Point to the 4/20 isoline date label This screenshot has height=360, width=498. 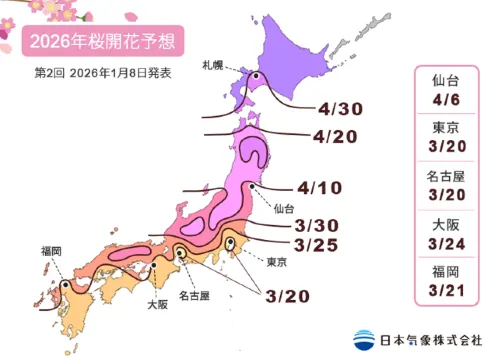point(334,135)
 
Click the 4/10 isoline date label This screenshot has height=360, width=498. point(320,187)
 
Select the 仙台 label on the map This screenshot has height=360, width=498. point(282,210)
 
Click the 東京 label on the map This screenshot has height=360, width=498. point(278,261)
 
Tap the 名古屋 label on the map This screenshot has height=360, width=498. point(195,297)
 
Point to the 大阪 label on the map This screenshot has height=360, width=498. point(157,301)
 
